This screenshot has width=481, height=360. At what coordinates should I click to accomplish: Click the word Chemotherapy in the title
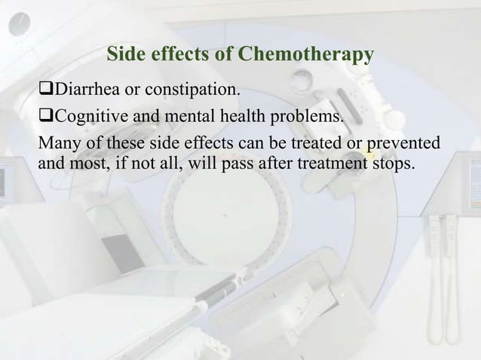pyautogui.click(x=305, y=55)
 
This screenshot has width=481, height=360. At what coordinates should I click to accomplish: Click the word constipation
pyautogui.click(x=195, y=92)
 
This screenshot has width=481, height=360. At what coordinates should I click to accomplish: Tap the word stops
pyautogui.click(x=393, y=160)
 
